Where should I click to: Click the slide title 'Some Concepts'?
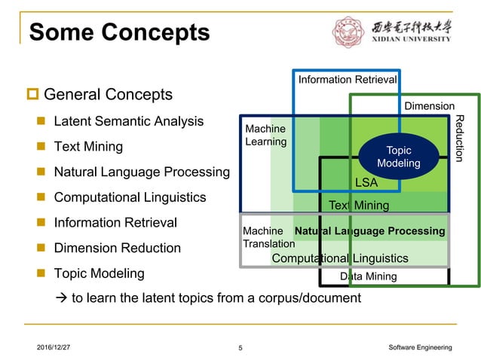point(118,32)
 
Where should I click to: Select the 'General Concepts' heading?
point(108,95)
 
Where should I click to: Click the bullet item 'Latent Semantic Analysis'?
point(128,121)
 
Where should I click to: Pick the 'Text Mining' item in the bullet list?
point(88,146)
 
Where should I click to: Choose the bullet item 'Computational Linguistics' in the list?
point(130,197)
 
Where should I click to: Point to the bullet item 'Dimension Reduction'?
point(117,248)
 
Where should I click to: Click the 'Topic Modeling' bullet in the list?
point(99,273)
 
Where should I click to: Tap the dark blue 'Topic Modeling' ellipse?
point(399,157)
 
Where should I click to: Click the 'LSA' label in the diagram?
point(366,183)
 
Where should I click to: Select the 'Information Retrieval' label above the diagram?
point(347,80)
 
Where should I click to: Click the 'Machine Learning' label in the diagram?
point(265,136)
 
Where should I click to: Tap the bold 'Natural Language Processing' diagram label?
point(369,231)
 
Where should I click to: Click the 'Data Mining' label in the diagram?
point(368,276)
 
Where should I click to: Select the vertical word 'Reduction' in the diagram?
point(461,138)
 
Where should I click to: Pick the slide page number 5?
point(240,347)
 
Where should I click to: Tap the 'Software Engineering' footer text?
point(420,346)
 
